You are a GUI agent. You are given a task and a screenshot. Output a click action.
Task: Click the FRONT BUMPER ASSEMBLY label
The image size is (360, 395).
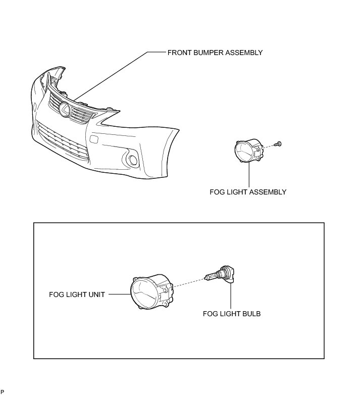pos(215,53)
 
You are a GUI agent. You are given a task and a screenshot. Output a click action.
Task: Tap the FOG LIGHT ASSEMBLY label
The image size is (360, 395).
pos(248,192)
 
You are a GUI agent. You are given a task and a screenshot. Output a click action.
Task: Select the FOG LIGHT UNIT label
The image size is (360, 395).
pos(77,294)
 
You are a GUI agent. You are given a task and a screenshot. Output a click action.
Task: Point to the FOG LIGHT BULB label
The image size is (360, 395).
pos(232,314)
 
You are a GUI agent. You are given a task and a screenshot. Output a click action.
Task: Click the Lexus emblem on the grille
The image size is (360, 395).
pos(65,110)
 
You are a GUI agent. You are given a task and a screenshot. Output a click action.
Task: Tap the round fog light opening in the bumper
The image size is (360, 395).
pos(133,160)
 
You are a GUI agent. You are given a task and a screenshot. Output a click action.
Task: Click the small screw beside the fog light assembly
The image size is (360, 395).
pos(278,144)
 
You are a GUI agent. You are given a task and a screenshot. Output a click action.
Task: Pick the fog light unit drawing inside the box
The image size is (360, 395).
pos(151,292)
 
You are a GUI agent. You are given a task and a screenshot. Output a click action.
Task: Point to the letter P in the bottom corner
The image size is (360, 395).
pos(2,392)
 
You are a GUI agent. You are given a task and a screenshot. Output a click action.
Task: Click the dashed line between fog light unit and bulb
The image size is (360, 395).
pos(189,282)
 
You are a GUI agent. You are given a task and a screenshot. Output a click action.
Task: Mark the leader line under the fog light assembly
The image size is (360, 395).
pos(249,174)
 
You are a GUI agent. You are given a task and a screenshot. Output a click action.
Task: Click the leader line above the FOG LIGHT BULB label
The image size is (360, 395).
pos(231,296)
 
